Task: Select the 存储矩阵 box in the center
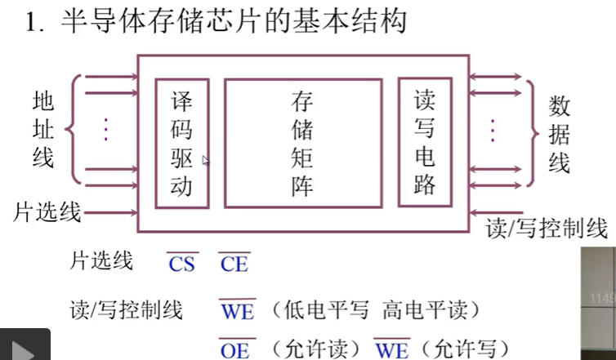click(301, 144)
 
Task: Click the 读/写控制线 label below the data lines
click(546, 228)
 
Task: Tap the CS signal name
click(181, 264)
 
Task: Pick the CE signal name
click(233, 264)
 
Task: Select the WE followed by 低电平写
click(236, 311)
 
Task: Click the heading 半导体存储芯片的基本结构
click(233, 22)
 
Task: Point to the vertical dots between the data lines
click(493, 130)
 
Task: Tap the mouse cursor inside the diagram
click(205, 162)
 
